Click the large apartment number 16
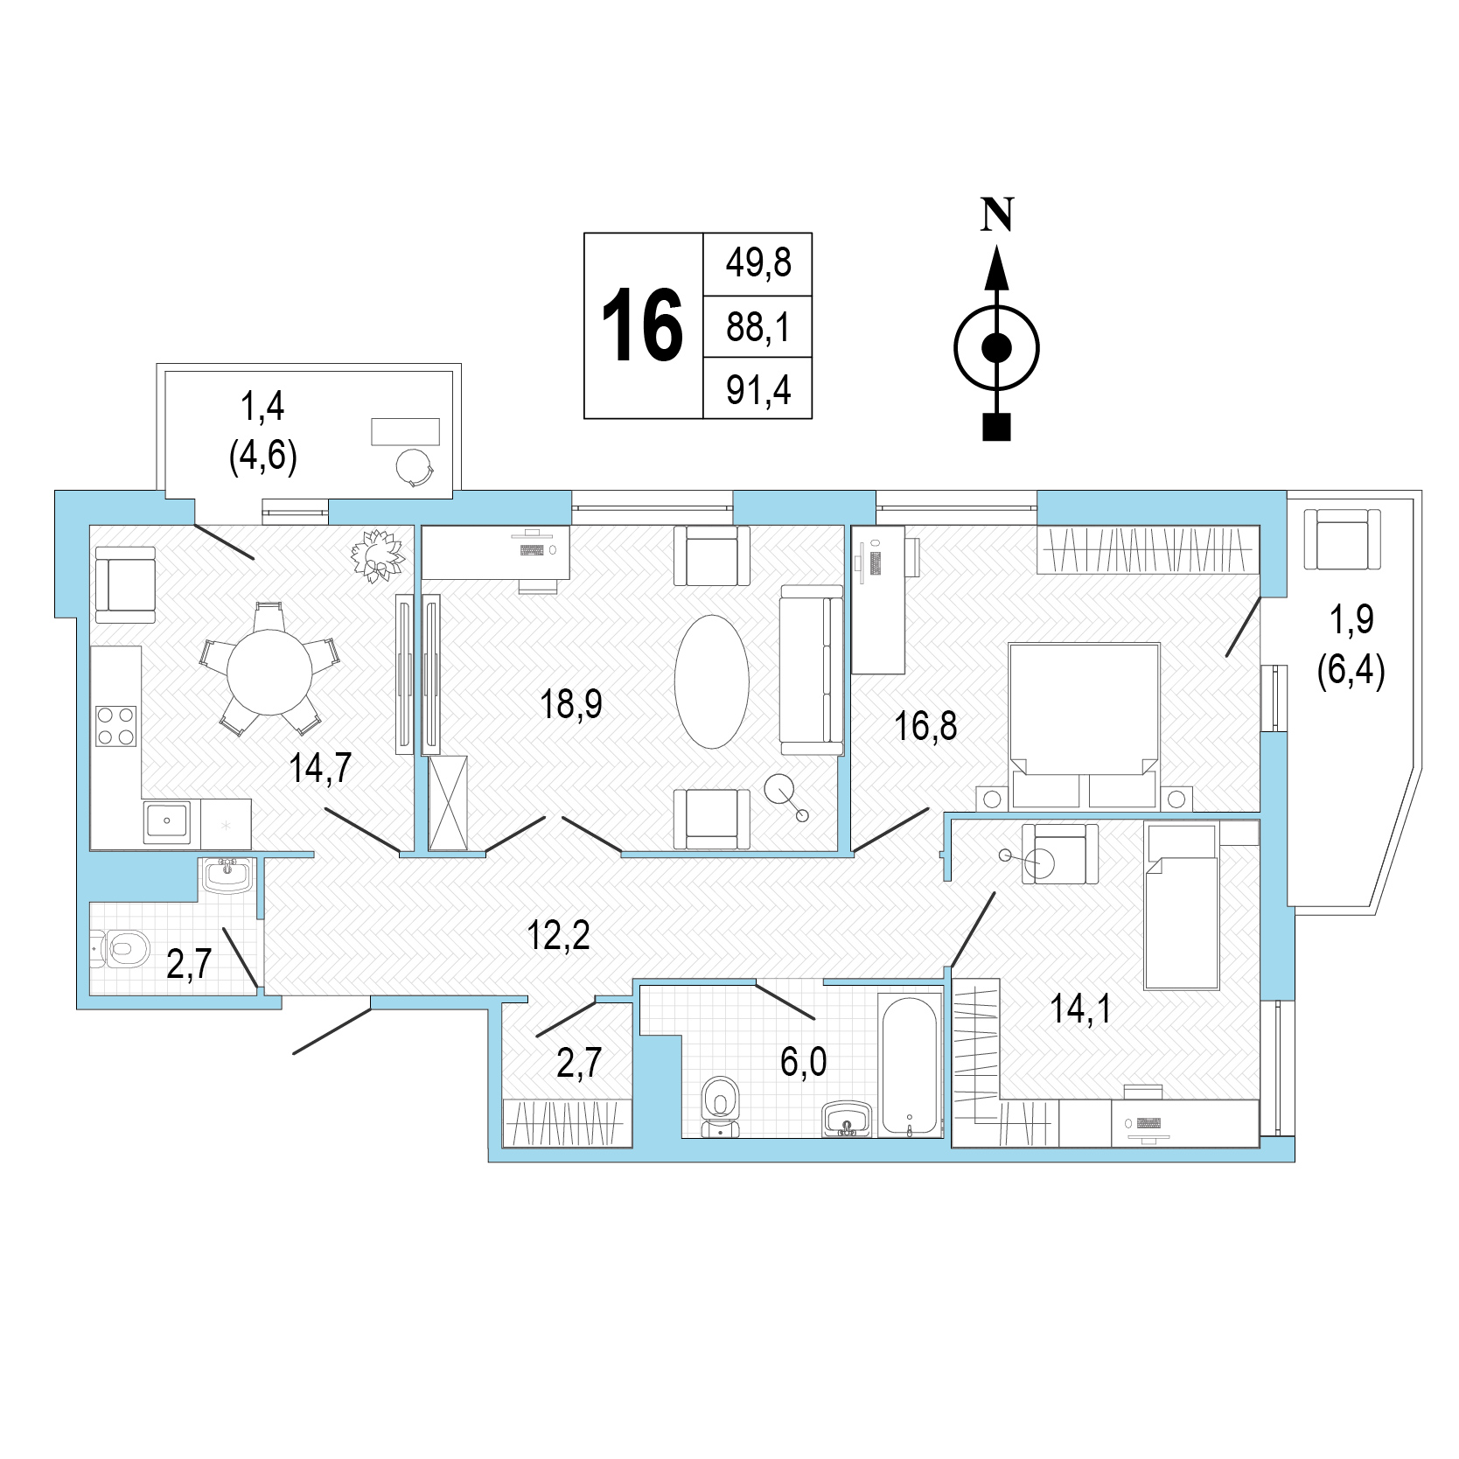click(642, 325)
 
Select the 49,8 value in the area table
click(758, 262)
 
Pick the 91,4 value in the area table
click(758, 390)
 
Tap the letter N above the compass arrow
click(997, 214)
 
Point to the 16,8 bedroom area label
click(925, 726)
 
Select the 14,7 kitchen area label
click(320, 768)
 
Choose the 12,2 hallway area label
click(559, 935)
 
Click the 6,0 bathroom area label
click(803, 1062)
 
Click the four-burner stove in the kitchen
click(116, 725)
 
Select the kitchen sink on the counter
click(167, 822)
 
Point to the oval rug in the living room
click(712, 681)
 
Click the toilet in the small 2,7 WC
click(122, 948)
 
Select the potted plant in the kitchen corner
click(378, 555)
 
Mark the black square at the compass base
click(997, 426)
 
